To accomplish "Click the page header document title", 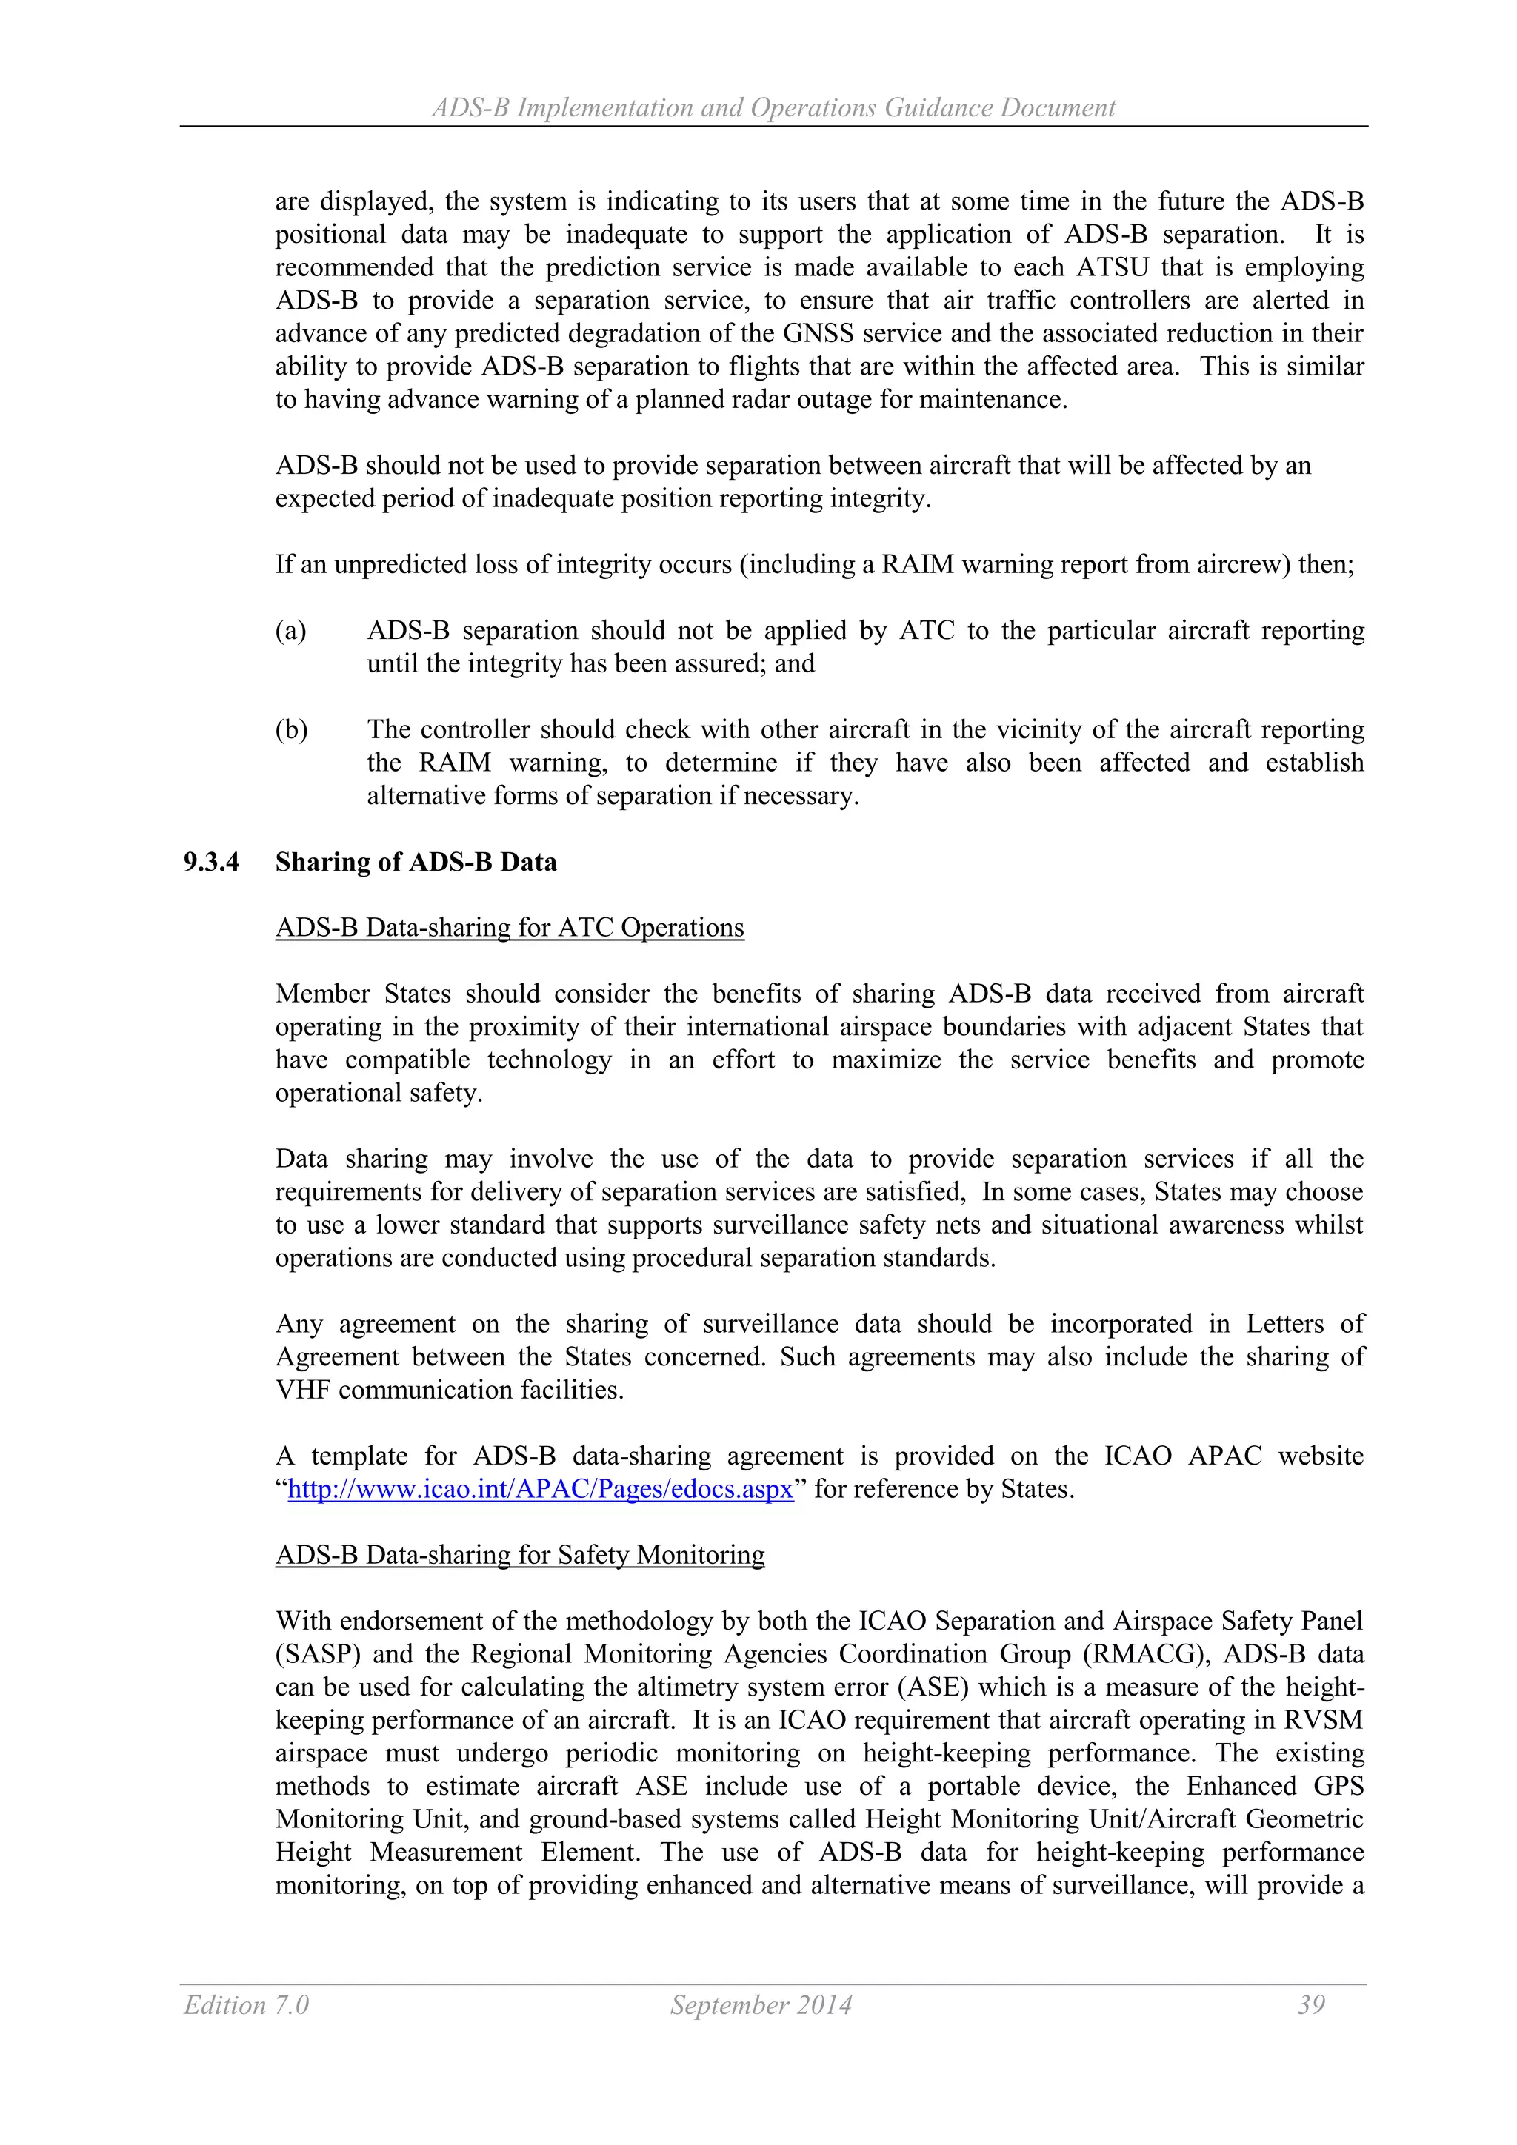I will (x=773, y=108).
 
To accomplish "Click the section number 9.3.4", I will (x=211, y=863).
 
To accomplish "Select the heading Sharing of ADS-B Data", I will (x=416, y=863).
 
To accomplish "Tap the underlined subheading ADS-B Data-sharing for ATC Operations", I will (x=510, y=928).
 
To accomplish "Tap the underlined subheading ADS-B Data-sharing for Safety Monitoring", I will (x=520, y=1555).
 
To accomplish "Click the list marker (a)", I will (x=290, y=631).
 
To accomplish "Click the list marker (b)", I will (x=290, y=729).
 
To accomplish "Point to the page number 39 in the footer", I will (x=1310, y=2005).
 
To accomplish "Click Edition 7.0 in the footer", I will (x=247, y=2005).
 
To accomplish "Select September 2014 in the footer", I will (x=761, y=2005).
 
